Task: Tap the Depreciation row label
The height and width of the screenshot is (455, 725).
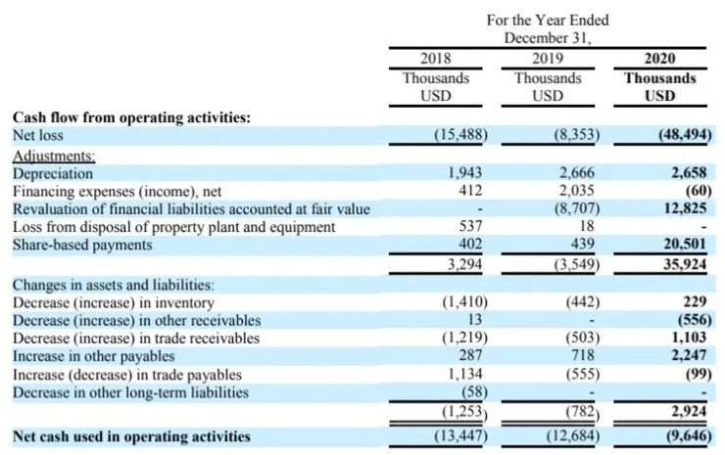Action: pos(53,173)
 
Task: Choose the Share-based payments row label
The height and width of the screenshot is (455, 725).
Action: pos(82,245)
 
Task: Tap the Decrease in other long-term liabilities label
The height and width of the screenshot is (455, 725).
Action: pos(129,392)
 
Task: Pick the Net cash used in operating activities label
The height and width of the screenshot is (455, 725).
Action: pos(131,435)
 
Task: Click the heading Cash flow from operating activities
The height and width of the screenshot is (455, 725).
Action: pos(131,117)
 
